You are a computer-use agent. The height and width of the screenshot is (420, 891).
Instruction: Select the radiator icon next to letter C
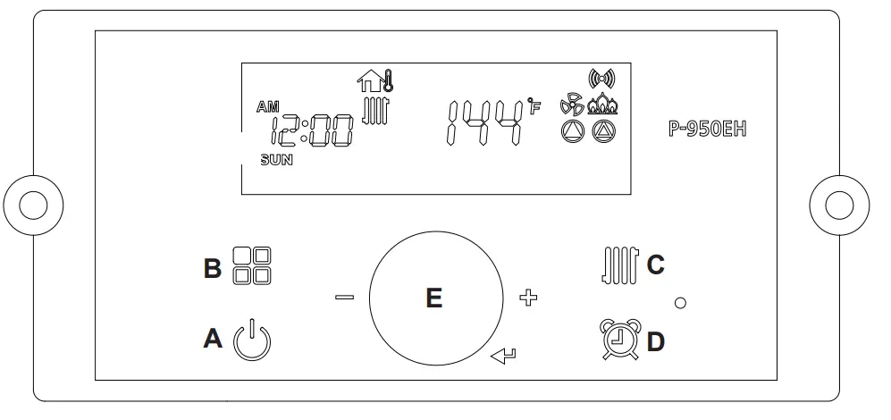(618, 266)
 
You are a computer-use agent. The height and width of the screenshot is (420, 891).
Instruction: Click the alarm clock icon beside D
(618, 340)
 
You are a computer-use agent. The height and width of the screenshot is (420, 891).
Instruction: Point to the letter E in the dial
(433, 298)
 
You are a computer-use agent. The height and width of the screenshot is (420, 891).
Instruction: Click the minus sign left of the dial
(344, 298)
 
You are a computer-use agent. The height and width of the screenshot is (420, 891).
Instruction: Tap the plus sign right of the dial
(528, 298)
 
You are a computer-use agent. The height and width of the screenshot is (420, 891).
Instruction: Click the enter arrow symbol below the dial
(503, 359)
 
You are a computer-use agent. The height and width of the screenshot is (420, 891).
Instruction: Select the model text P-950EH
(707, 129)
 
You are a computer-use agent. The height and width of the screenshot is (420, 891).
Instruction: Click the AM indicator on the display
(267, 107)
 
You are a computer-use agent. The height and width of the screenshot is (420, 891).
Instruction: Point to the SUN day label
(276, 162)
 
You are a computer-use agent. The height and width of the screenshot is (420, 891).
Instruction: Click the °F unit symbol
(534, 108)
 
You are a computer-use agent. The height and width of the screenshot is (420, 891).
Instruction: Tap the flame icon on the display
(603, 105)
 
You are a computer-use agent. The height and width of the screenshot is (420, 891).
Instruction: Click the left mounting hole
(33, 205)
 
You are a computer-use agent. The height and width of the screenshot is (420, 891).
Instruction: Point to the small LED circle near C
(680, 304)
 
